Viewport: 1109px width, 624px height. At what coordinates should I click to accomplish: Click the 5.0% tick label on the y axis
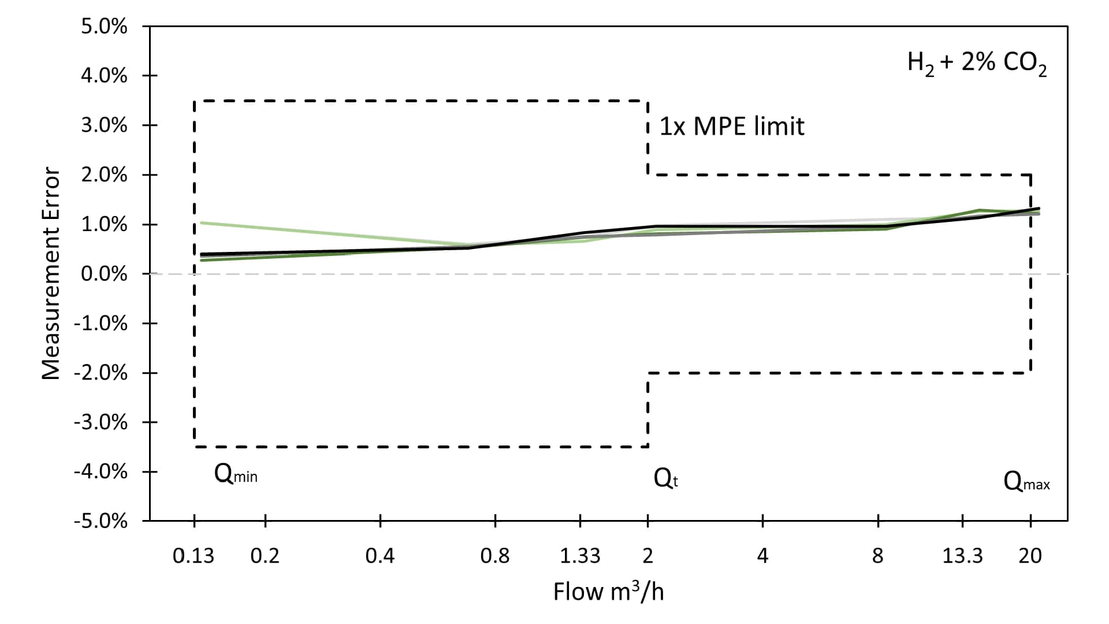(104, 27)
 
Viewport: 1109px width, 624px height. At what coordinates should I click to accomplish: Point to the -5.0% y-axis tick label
(101, 521)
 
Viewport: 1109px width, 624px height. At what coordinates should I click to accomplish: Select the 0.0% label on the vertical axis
(104, 274)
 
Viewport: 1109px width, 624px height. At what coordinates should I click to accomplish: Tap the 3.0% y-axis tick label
(104, 125)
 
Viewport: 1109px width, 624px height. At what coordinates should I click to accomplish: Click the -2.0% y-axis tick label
(101, 373)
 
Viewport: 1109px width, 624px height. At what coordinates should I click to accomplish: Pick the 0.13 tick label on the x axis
(193, 556)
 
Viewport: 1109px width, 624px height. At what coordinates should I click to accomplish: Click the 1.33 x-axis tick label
(580, 556)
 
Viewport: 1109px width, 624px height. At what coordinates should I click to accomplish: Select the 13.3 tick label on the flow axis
(962, 556)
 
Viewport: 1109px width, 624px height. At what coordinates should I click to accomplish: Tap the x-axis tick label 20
(1030, 556)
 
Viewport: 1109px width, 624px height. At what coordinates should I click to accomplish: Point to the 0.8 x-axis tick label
(495, 556)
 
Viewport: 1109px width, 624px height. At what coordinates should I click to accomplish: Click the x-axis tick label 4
(762, 556)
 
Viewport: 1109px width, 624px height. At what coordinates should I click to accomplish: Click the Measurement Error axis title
(51, 274)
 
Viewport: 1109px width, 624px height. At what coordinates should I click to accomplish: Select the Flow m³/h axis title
(608, 592)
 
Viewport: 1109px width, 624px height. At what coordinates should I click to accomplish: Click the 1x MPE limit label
(732, 127)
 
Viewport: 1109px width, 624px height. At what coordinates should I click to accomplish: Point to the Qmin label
(236, 474)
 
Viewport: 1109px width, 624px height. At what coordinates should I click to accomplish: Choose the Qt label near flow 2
(665, 478)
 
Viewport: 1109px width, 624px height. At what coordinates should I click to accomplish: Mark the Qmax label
(1026, 481)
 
